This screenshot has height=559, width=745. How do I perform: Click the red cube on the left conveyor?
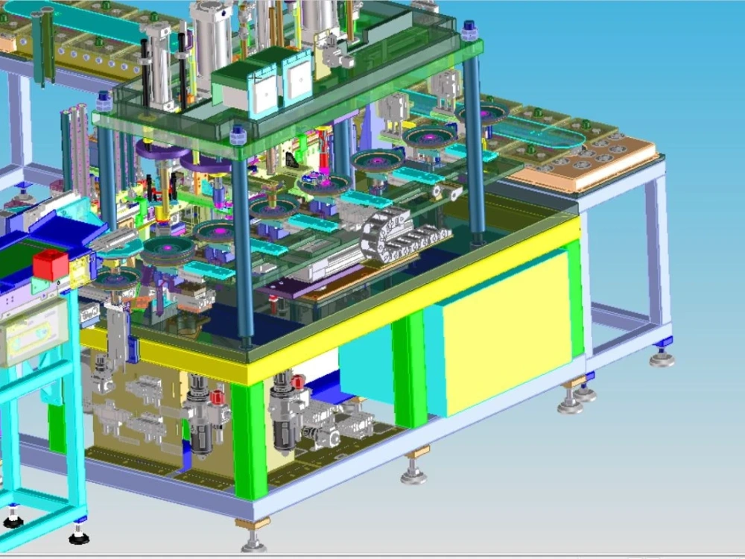click(51, 265)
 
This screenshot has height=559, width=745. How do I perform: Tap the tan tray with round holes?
click(589, 160)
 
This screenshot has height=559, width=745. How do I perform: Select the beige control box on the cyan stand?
click(34, 332)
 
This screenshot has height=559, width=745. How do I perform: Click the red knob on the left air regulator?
click(218, 397)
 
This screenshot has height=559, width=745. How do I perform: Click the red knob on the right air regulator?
click(298, 382)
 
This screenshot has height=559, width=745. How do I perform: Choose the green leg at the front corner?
click(250, 440)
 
